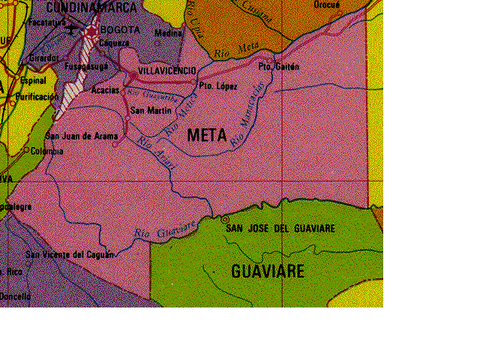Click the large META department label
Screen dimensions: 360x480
pyautogui.click(x=207, y=136)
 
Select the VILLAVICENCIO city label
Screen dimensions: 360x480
pyautogui.click(x=167, y=70)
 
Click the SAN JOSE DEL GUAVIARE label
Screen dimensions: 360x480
pyautogui.click(x=281, y=228)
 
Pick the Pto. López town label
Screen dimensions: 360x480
pyautogui.click(x=218, y=86)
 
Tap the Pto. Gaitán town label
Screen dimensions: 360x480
pyautogui.click(x=278, y=67)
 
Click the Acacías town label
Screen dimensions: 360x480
pyautogui.click(x=105, y=90)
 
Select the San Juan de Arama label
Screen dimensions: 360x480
pyautogui.click(x=82, y=136)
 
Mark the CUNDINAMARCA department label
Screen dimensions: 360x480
pyautogui.click(x=91, y=7)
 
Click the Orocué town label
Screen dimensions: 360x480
pyautogui.click(x=327, y=4)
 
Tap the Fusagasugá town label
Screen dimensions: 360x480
pyautogui.click(x=86, y=66)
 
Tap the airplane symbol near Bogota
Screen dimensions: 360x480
pyautogui.click(x=72, y=30)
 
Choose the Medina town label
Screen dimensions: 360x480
pyautogui.click(x=168, y=34)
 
